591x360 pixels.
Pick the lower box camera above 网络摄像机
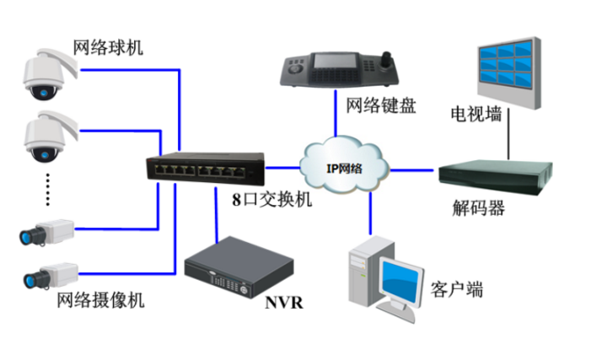click(49, 275)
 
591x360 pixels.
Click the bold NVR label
click(283, 302)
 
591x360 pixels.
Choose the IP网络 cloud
click(345, 165)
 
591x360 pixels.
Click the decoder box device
click(495, 176)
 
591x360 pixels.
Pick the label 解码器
click(478, 208)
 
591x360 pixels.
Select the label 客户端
click(456, 291)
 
